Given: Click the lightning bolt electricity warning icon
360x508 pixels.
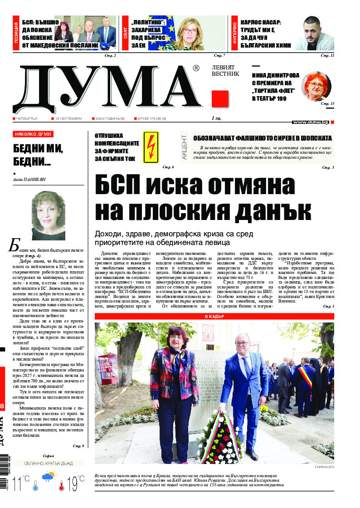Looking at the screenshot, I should click(151, 147).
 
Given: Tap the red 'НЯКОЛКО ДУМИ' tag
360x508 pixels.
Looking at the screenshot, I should click(33, 134).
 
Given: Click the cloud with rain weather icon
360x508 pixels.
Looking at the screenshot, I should click(49, 477).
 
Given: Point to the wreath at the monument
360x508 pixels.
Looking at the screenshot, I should click(220, 435).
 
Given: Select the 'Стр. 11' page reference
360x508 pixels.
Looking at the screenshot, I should click(327, 55).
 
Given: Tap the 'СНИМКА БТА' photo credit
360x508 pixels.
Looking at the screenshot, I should click(324, 467).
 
